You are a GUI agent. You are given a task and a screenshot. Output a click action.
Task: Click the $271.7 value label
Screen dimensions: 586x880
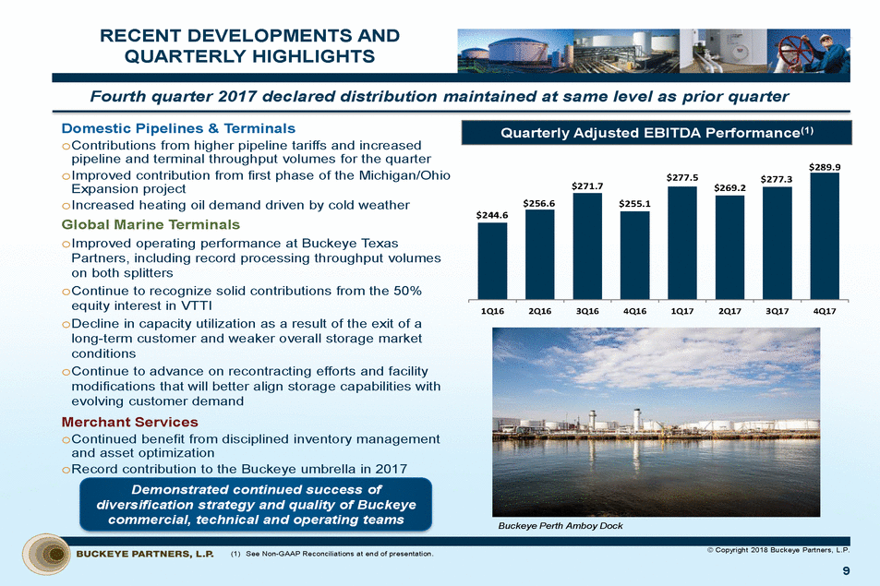(587, 185)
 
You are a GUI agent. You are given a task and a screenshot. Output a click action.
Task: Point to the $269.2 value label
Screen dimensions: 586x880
(729, 186)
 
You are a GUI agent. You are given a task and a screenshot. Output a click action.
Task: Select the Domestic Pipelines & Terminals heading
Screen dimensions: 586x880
(178, 127)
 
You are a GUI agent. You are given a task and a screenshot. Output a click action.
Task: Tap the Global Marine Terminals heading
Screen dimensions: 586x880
(151, 224)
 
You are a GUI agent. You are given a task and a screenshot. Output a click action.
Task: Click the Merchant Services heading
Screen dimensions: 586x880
(129, 422)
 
